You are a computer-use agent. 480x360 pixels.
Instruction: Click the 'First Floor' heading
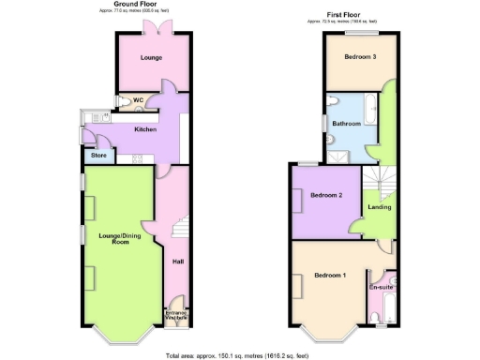346,15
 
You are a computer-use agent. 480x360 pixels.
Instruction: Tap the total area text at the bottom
241,355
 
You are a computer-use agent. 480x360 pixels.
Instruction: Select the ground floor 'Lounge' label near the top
151,58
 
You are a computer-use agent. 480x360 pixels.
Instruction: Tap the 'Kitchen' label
144,129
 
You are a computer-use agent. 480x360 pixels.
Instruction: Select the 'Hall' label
177,262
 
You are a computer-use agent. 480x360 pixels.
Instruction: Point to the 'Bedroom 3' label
360,57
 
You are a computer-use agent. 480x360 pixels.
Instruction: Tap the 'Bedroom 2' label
327,195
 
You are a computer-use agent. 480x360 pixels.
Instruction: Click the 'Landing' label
380,206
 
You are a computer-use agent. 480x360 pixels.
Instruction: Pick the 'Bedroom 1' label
330,275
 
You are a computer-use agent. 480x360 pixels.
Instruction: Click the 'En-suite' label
382,287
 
